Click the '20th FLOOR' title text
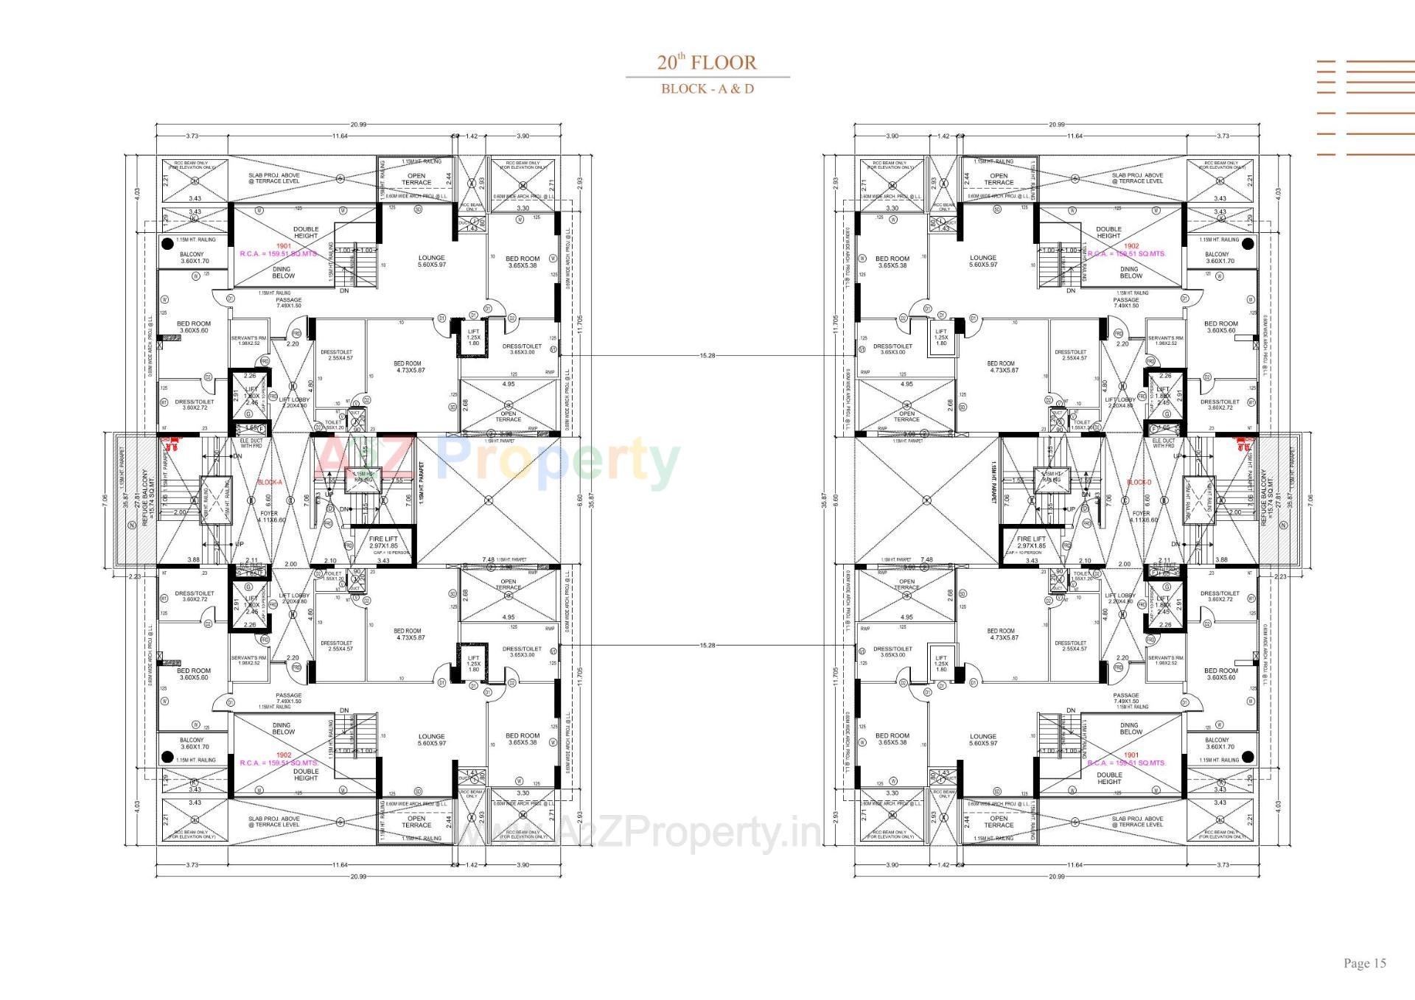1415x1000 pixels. click(x=707, y=63)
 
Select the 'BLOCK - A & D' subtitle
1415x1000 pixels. click(x=707, y=89)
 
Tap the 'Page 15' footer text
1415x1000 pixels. click(x=1364, y=963)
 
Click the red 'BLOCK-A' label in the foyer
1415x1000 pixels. click(x=269, y=483)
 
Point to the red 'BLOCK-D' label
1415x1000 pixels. click(x=1139, y=483)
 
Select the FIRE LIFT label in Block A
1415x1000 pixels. click(x=382, y=542)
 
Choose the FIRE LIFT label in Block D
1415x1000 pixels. click(x=1031, y=542)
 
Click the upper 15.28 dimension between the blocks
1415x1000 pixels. click(x=707, y=356)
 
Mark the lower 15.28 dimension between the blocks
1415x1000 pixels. click(x=707, y=646)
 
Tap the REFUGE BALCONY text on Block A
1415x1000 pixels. click(x=144, y=497)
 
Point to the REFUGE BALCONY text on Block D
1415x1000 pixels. click(x=1265, y=497)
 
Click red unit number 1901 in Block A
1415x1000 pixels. click(x=284, y=246)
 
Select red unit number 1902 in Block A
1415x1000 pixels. click(x=284, y=755)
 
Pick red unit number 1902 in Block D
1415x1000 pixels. click(x=1131, y=246)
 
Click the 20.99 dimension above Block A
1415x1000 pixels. click(x=358, y=125)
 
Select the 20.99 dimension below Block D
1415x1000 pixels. click(x=1056, y=876)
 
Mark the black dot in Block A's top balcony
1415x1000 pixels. click(x=167, y=243)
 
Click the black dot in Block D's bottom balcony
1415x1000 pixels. click(x=1248, y=756)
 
